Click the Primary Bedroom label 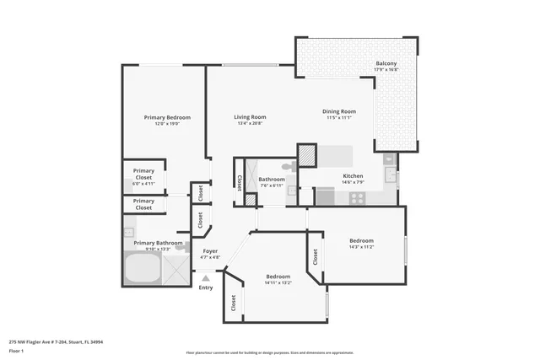coord(167,117)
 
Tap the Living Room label coord(250,117)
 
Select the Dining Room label coord(339,111)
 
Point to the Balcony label coord(386,64)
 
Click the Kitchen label coord(353,176)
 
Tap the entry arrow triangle coord(205,277)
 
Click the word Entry coord(206,287)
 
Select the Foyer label coord(209,250)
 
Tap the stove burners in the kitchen coord(357,199)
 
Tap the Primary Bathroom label coord(158,243)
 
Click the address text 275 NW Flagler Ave coord(59,341)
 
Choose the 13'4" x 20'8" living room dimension coord(250,124)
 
